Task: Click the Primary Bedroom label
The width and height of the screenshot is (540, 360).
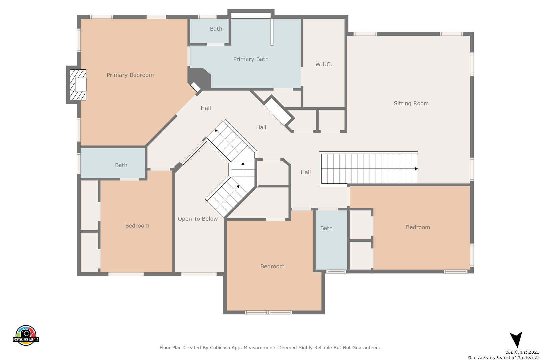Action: pos(130,75)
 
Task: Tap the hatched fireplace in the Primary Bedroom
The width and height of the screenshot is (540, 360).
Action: pos(78,85)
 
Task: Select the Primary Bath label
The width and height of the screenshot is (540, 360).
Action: pos(251,59)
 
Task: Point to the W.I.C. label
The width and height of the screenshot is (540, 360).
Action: pos(324,64)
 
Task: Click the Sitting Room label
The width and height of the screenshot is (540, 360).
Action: pos(411,103)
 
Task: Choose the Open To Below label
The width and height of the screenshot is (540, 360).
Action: pos(198,219)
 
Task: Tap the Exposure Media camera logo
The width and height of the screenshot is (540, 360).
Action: pos(26,335)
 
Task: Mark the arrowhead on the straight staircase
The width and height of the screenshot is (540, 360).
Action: pos(416,169)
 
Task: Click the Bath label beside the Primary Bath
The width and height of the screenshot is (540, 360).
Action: pos(216,29)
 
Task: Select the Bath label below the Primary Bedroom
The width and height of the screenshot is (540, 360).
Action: pos(121,165)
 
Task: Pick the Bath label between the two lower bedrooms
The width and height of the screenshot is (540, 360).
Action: pos(326,228)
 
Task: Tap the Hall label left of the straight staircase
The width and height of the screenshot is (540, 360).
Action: pos(306,172)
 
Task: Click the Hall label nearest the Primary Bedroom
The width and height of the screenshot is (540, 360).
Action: pos(206,108)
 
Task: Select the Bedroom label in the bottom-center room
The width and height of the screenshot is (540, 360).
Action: pos(272,266)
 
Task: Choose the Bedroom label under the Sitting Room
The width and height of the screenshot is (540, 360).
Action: pos(418,227)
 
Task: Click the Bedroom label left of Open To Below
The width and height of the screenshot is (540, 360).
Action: pos(137,226)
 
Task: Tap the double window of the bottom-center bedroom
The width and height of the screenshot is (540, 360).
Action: pos(268,312)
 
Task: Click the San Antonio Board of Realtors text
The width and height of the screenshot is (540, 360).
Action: pos(503,357)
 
